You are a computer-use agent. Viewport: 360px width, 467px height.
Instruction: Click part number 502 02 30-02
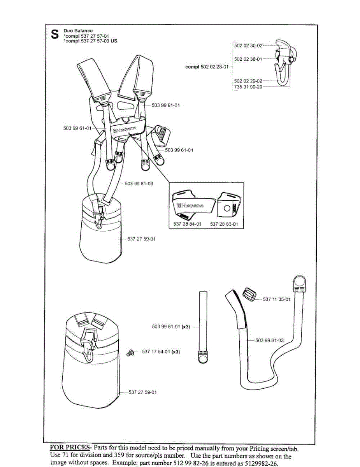[248, 46]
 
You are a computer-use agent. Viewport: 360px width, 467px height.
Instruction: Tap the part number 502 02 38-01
[248, 59]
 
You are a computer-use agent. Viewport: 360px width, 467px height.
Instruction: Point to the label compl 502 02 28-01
[207, 67]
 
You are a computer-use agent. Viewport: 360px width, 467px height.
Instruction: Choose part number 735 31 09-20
[248, 87]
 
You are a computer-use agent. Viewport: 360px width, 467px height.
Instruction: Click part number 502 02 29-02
[248, 81]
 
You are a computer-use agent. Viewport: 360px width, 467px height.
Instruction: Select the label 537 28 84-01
[187, 224]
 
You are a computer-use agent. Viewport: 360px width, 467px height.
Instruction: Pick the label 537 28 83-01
[224, 224]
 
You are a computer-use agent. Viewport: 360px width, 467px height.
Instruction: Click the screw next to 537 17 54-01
[130, 353]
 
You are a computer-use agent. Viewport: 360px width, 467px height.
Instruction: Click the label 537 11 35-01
[277, 299]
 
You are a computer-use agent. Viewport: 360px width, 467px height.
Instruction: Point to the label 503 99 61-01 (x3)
[170, 327]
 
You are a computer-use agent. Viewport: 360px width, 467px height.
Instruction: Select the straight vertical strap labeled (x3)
[203, 327]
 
